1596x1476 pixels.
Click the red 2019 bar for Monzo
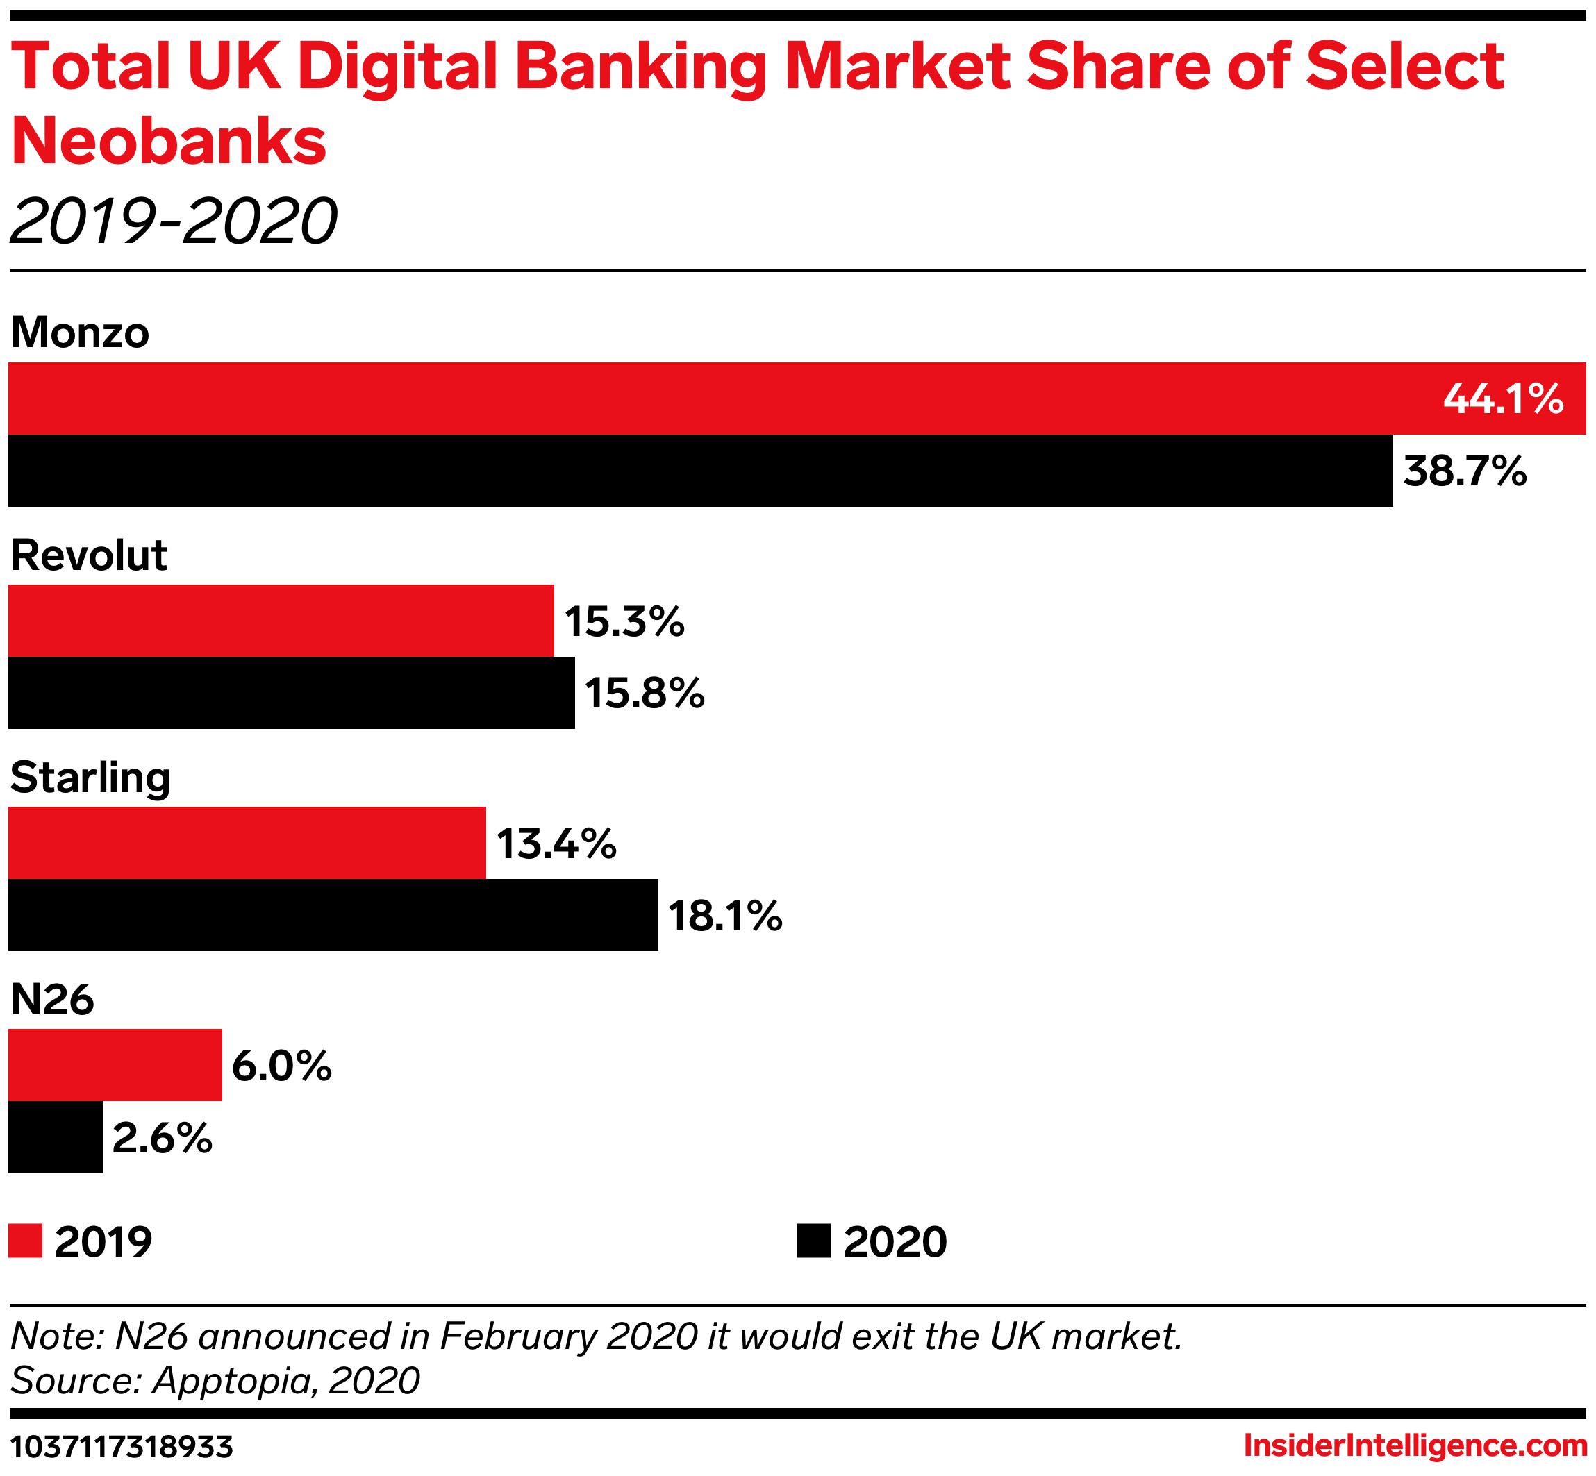pyautogui.click(x=719, y=399)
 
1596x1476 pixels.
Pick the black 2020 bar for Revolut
pyautogui.click(x=292, y=692)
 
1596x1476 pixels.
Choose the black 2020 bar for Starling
pyautogui.click(x=333, y=914)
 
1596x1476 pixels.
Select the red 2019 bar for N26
pyautogui.click(x=115, y=1065)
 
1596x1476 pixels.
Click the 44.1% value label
pyautogui.click(x=1502, y=399)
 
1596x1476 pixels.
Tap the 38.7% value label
pyautogui.click(x=1465, y=471)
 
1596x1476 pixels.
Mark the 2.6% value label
pyautogui.click(x=162, y=1137)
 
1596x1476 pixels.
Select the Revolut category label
pyautogui.click(x=89, y=555)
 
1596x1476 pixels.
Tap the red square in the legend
pyautogui.click(x=26, y=1241)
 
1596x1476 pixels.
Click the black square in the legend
pyautogui.click(x=813, y=1241)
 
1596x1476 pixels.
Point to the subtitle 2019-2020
pyautogui.click(x=174, y=221)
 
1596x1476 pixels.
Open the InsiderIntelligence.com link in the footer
pyautogui.click(x=1415, y=1445)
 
